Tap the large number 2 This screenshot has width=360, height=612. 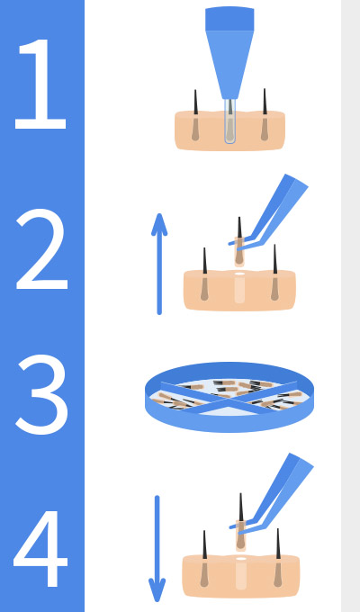42,249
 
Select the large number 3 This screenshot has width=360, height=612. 42,394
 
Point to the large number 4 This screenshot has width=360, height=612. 40,548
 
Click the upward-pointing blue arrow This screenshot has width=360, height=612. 159,264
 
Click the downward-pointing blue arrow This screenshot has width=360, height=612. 157,549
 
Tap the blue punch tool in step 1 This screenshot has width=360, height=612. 229,53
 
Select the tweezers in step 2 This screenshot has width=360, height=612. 269,211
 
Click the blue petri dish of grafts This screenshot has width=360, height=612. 229,397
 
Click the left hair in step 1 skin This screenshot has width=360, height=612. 195,115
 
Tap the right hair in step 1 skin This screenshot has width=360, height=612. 265,114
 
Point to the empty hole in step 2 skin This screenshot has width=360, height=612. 239,288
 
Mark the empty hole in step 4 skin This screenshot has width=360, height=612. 241,573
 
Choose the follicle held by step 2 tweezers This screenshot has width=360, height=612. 239,242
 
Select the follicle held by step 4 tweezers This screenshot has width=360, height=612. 241,522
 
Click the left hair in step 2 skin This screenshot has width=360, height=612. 204,274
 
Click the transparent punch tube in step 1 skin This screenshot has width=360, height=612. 230,121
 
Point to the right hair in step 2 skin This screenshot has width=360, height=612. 274,273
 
